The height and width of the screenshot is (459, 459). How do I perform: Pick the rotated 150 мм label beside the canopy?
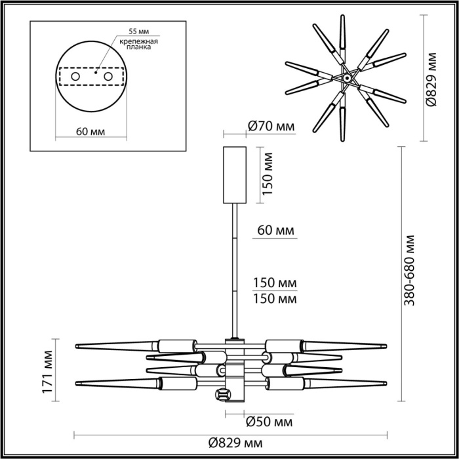tap(268, 173)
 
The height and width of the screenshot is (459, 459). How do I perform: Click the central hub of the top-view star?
tap(344, 79)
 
